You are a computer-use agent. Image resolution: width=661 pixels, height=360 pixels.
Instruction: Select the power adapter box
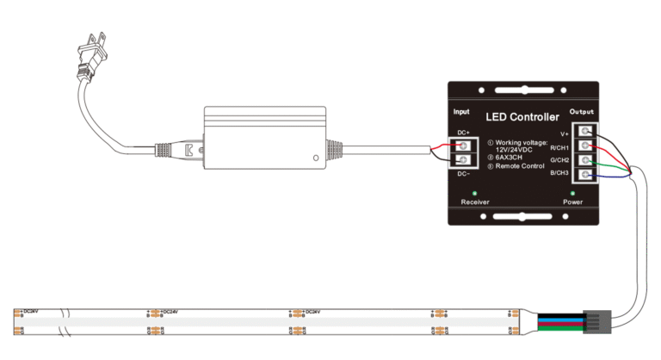[x=266, y=138]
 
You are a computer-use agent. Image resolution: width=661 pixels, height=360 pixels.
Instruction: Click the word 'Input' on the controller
[x=461, y=112]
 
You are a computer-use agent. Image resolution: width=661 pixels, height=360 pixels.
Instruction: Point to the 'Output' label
[x=583, y=112]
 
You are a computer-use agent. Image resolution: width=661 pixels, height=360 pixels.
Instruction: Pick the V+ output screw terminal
[x=586, y=132]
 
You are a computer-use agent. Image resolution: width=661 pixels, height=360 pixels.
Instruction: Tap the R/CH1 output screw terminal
[x=586, y=146]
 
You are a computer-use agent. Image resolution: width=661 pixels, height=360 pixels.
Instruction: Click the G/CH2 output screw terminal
[x=586, y=161]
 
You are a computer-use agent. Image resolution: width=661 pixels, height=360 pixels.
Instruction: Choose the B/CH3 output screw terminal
[x=586, y=176]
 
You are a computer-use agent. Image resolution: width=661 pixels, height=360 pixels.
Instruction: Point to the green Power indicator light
[x=572, y=191]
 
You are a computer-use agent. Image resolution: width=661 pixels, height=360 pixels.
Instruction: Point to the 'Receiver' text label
[x=475, y=202]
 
